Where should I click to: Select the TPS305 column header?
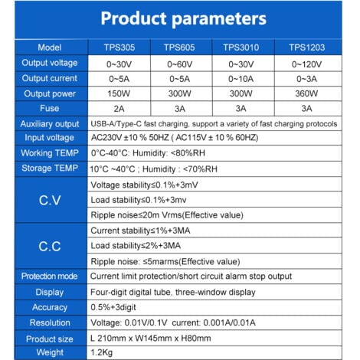[x=118, y=47]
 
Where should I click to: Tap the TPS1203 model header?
[x=308, y=47]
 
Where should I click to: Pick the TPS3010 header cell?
[x=244, y=47]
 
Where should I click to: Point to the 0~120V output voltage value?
[x=309, y=63]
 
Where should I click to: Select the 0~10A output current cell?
[x=244, y=78]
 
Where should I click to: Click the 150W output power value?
[x=118, y=93]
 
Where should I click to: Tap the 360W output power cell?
[x=309, y=93]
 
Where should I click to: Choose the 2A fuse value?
[x=118, y=109]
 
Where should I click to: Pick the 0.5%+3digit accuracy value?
[x=123, y=307]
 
